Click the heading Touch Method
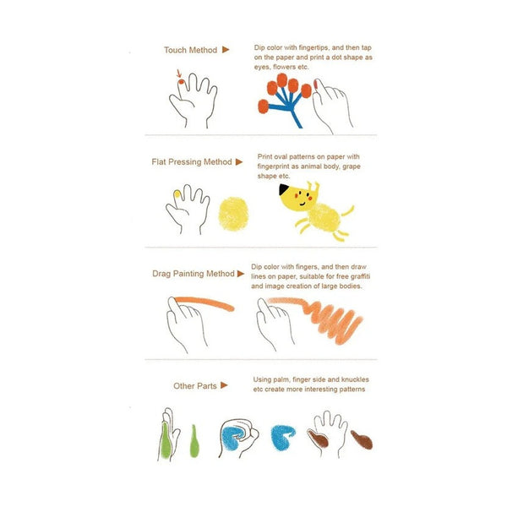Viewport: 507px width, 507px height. pyautogui.click(x=190, y=50)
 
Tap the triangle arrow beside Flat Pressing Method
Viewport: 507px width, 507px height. pyautogui.click(x=239, y=161)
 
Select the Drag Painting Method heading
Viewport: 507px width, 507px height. pyautogui.click(x=194, y=274)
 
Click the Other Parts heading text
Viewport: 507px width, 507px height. pyautogui.click(x=195, y=386)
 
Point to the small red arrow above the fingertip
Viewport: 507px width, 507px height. pyautogui.click(x=179, y=73)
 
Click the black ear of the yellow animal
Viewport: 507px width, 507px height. pyautogui.click(x=284, y=188)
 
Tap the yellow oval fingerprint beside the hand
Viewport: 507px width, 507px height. pyautogui.click(x=233, y=214)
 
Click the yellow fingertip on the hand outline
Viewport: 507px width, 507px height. pyautogui.click(x=177, y=194)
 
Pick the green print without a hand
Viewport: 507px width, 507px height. pyautogui.click(x=194, y=441)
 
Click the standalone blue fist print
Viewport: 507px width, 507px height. pyautogui.click(x=282, y=438)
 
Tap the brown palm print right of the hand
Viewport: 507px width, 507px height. pyautogui.click(x=363, y=439)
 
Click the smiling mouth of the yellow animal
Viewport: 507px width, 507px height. pyautogui.click(x=303, y=204)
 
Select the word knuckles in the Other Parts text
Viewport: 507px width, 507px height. pyautogui.click(x=355, y=379)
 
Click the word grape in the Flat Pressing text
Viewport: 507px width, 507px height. pyautogui.click(x=352, y=166)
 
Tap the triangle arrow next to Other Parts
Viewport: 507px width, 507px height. pyautogui.click(x=224, y=385)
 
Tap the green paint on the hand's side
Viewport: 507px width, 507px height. pyautogui.click(x=166, y=441)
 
